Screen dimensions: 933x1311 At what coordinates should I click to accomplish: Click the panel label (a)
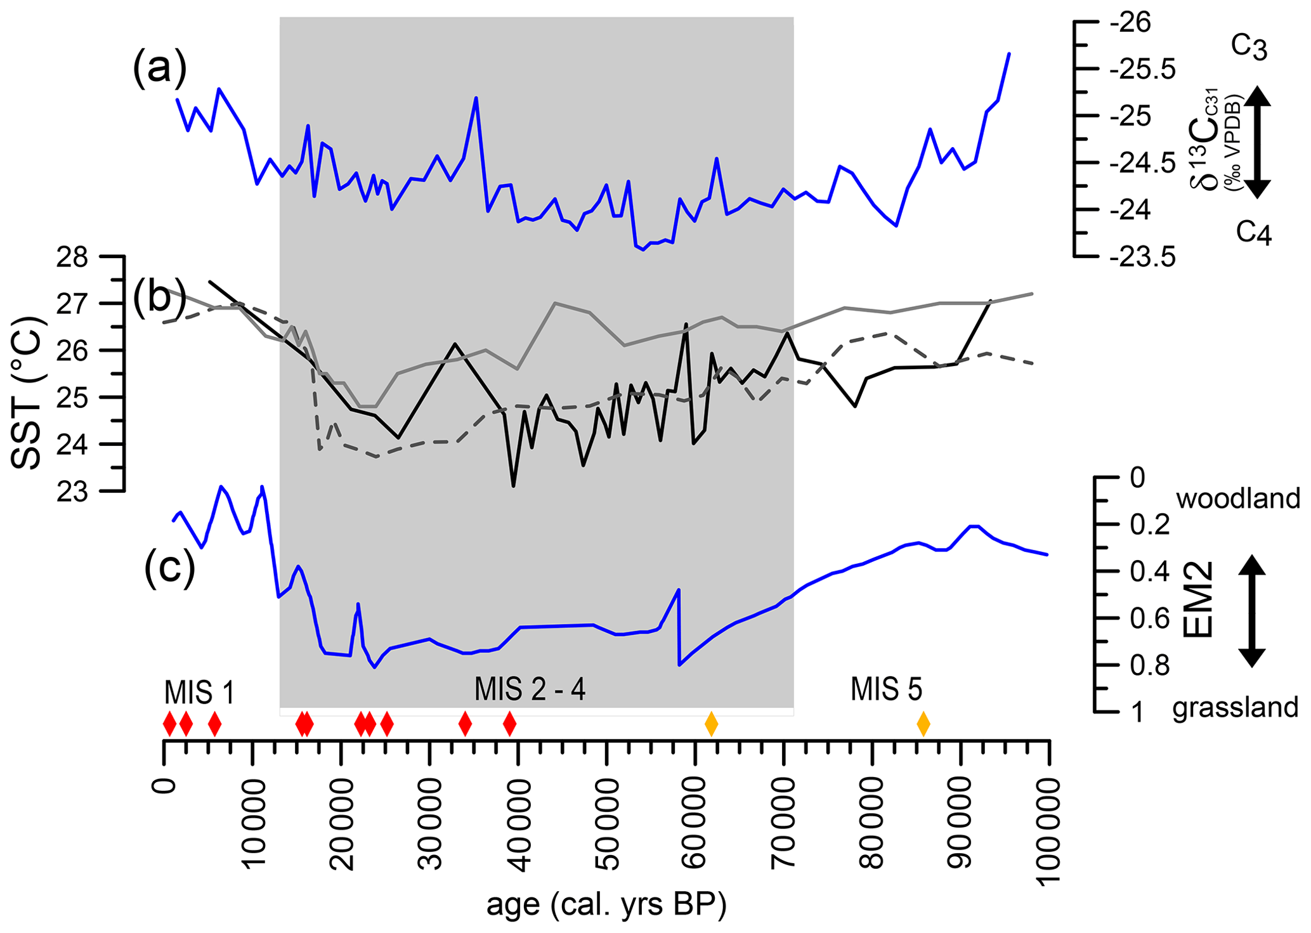tap(159, 69)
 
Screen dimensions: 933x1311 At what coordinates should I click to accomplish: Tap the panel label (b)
tap(153, 298)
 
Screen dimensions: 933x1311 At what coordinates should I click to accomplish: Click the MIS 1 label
tap(199, 692)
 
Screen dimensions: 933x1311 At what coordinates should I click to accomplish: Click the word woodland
tap(1238, 499)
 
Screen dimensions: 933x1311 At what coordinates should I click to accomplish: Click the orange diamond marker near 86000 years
tap(923, 724)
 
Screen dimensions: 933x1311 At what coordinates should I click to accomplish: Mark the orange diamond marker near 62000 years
tap(712, 724)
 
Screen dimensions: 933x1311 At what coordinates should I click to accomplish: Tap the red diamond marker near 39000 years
tap(509, 724)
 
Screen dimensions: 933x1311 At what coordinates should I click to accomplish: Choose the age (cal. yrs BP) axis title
tap(606, 906)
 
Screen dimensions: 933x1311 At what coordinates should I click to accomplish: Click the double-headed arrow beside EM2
tap(1251, 611)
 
